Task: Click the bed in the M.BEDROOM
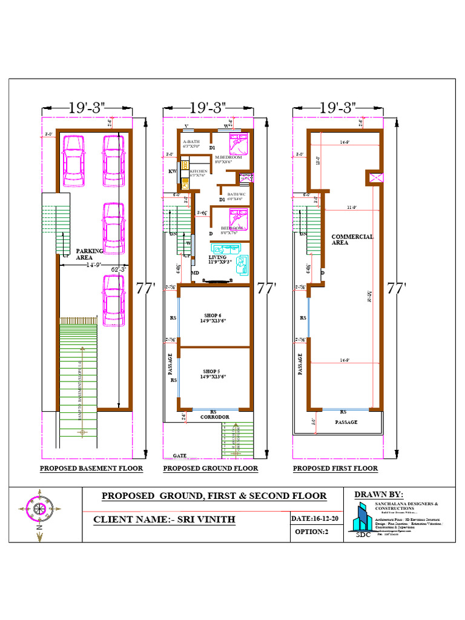(238, 144)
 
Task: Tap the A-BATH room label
(191, 143)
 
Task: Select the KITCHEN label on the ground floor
(199, 172)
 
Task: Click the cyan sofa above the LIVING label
(225, 249)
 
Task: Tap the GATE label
(179, 455)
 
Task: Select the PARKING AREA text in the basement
(90, 254)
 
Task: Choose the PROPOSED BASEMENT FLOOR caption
(91, 468)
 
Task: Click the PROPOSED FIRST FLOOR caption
(335, 468)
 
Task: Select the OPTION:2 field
(311, 532)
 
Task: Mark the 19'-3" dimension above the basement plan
(87, 108)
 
